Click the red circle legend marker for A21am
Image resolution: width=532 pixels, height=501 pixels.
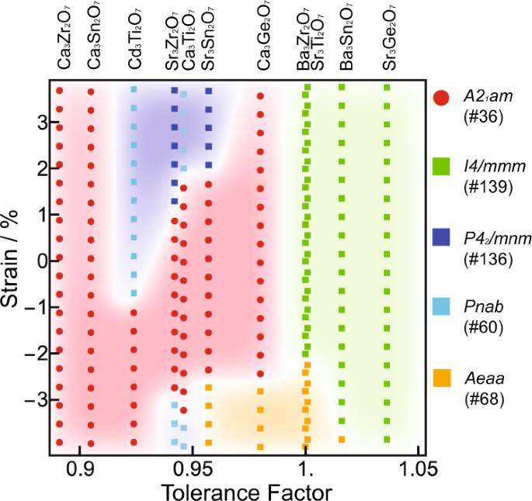[441, 98]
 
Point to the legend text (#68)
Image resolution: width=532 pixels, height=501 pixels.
[482, 399]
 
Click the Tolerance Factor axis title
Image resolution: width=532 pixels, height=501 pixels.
[246, 492]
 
